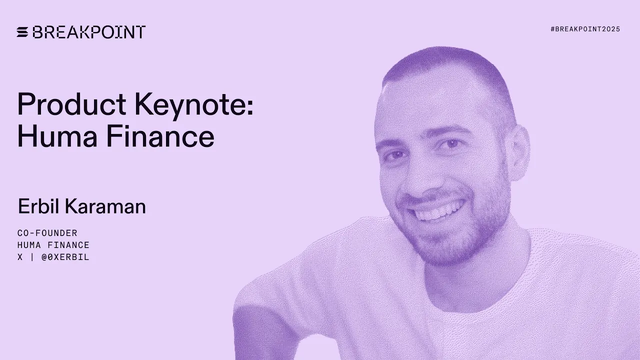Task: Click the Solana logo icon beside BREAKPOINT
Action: (22, 32)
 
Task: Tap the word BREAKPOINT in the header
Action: (89, 32)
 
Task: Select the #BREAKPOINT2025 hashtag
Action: (585, 29)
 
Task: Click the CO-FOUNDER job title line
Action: (47, 233)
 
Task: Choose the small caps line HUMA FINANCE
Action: (53, 245)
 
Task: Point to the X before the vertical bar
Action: (20, 257)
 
